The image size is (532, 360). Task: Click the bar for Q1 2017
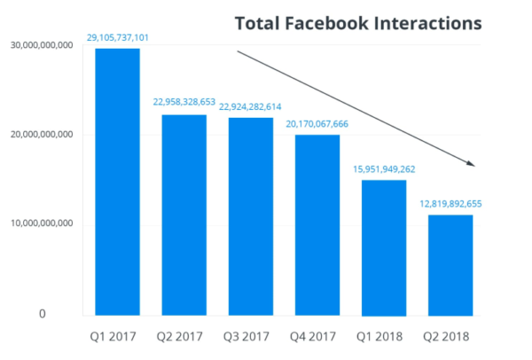point(118,182)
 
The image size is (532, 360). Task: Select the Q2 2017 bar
point(184,215)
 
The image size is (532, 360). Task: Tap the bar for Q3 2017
point(251,216)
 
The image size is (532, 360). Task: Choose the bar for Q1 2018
point(384,247)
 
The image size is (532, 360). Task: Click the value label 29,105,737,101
point(119,38)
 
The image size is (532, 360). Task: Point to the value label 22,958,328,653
point(185,103)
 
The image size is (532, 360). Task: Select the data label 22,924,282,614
point(252,106)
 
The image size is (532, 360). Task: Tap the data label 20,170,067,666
point(317,124)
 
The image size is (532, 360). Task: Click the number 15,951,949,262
point(384,168)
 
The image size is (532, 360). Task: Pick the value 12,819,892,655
point(450,203)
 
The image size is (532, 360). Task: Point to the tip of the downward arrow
point(475,165)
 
